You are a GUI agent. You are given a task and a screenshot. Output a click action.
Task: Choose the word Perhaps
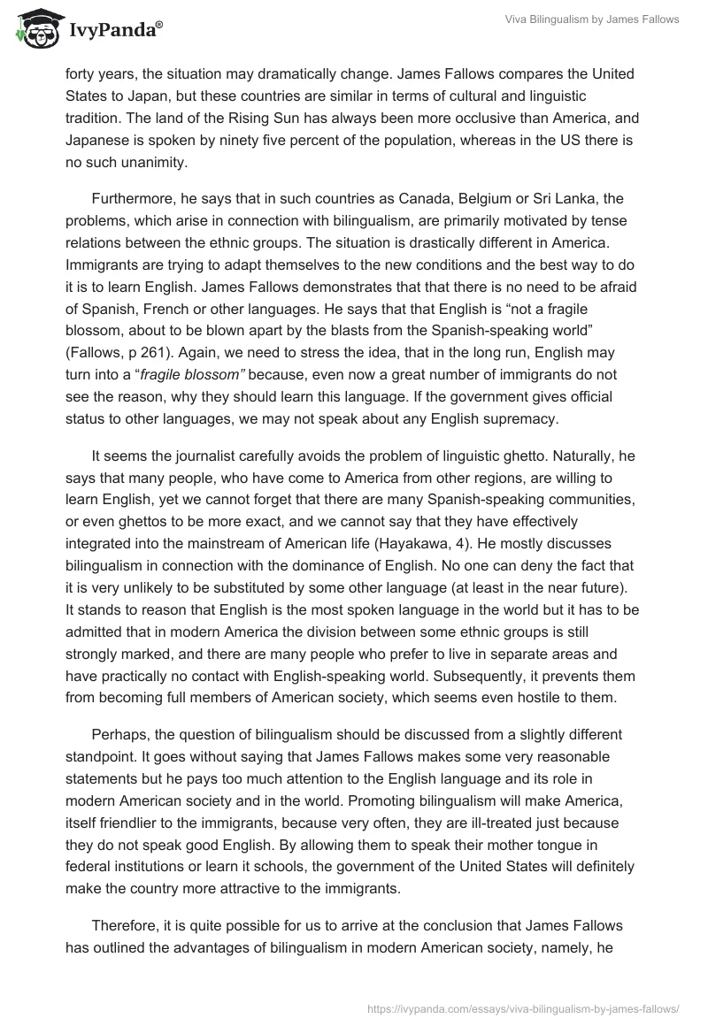[120, 734]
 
